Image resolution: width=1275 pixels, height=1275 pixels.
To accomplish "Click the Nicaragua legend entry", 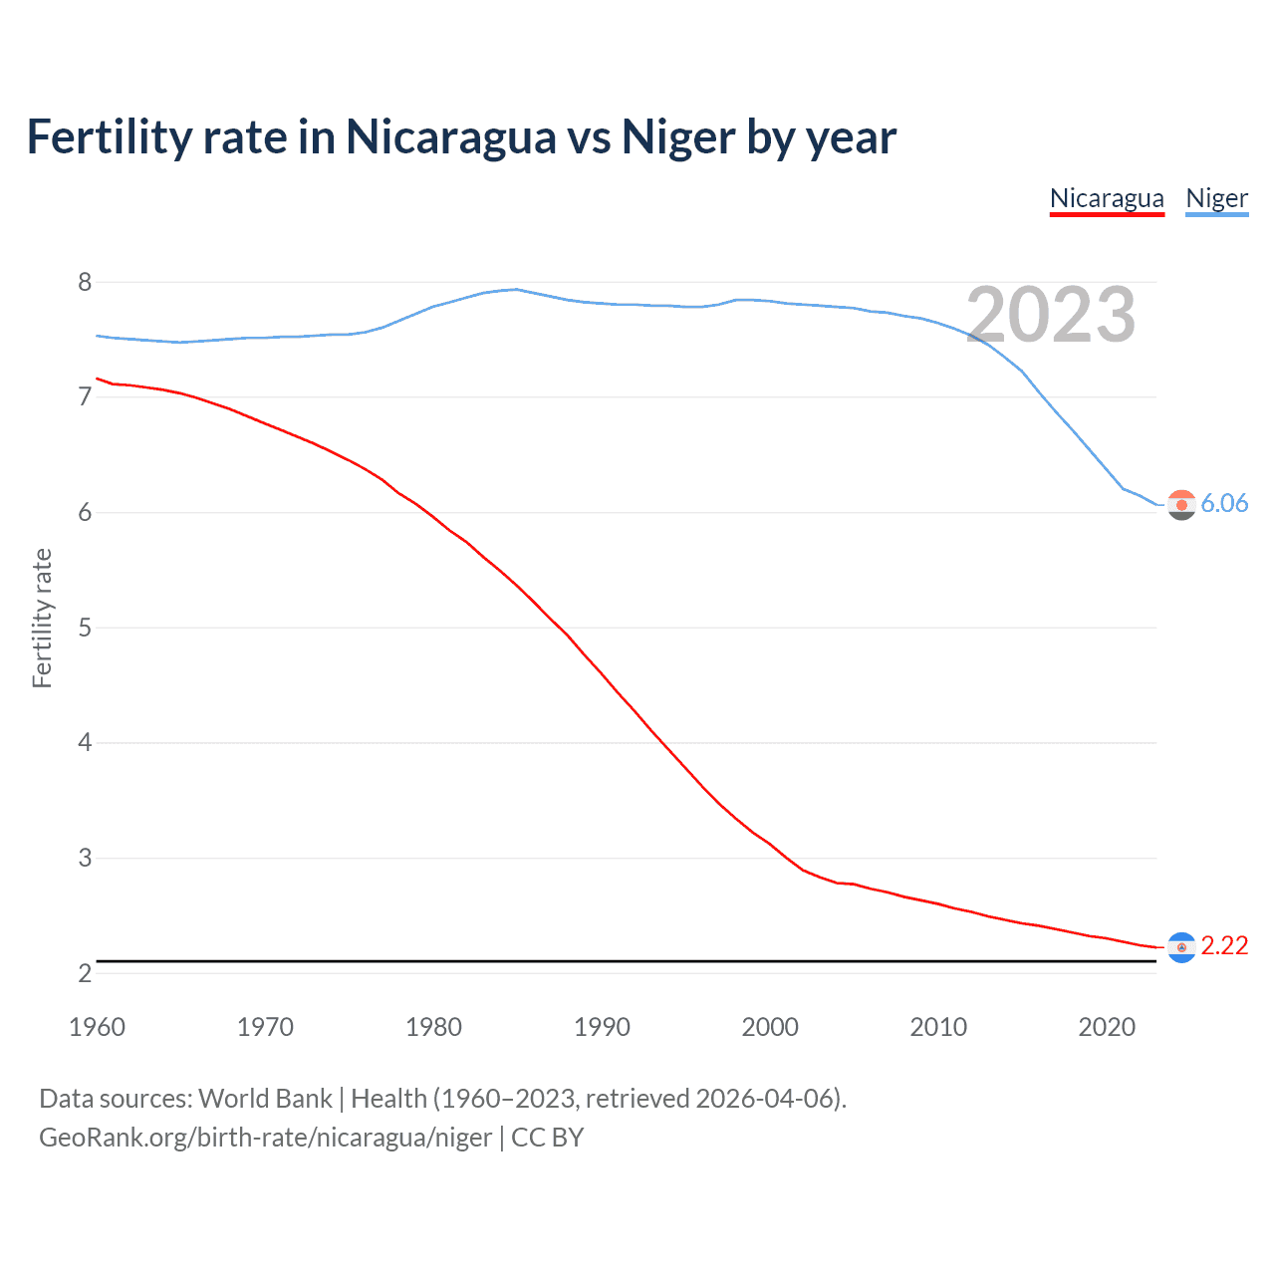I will tap(1107, 198).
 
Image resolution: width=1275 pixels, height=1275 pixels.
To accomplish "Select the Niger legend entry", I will tap(1216, 198).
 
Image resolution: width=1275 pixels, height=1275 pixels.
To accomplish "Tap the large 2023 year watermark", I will tap(1051, 315).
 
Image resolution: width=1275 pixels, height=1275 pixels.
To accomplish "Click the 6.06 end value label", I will tap(1224, 503).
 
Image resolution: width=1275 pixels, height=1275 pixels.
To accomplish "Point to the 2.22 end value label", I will tap(1224, 945).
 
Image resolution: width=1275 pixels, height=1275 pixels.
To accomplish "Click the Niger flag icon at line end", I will tap(1181, 505).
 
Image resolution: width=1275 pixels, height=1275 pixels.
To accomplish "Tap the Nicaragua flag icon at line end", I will tap(1181, 947).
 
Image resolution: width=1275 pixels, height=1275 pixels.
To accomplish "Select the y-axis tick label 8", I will tap(85, 282).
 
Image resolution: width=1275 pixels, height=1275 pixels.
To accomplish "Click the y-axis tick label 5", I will tap(85, 628).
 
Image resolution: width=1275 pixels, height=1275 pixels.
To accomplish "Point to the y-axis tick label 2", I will tap(85, 973).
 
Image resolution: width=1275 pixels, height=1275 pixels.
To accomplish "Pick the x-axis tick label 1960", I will tap(97, 1027).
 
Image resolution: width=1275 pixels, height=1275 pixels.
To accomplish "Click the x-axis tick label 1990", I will tap(602, 1027).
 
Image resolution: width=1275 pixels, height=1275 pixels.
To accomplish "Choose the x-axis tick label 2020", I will tap(1107, 1027).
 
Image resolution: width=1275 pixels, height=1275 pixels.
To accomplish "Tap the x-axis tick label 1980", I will tap(433, 1027).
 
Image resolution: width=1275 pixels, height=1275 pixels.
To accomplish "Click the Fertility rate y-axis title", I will tap(42, 618).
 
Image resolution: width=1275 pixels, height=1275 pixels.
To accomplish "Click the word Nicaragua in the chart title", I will tap(450, 136).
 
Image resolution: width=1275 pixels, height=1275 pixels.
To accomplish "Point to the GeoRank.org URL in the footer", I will tap(265, 1138).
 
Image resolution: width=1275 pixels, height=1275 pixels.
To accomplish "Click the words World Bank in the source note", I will tap(265, 1099).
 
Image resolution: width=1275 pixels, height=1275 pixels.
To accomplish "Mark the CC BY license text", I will tap(547, 1138).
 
